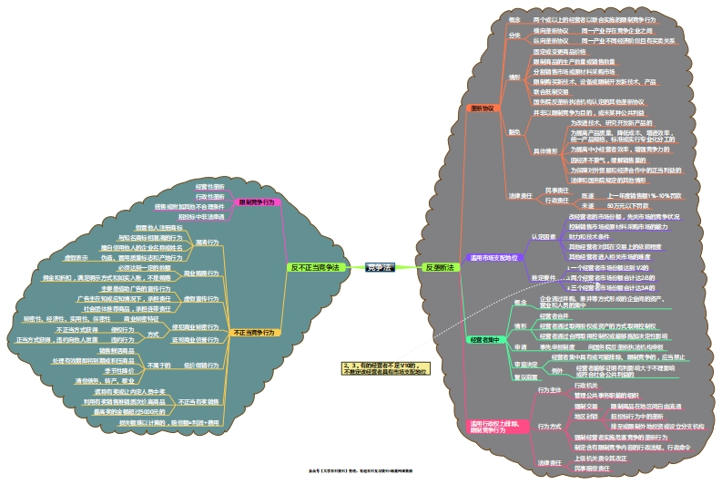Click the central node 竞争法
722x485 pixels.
(378, 267)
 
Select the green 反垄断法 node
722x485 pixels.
(440, 267)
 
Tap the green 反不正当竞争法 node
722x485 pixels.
(315, 267)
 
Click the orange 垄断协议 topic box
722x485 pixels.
(482, 108)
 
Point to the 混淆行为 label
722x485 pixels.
(208, 242)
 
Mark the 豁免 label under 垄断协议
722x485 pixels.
(514, 133)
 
